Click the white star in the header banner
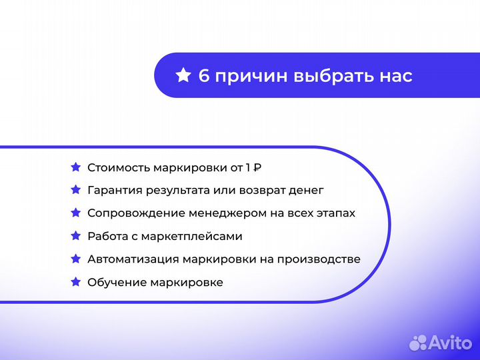[183, 75]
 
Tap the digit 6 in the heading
[204, 76]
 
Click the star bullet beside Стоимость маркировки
[75, 167]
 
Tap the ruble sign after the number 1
[257, 167]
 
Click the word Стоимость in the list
[119, 167]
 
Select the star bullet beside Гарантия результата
[75, 190]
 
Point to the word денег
[305, 191]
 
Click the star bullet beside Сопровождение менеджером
[75, 213]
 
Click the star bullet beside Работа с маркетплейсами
[75, 236]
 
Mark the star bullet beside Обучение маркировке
[75, 282]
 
